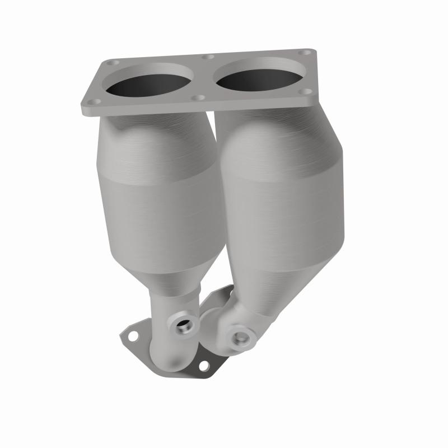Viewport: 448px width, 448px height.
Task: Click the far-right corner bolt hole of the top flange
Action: [306, 52]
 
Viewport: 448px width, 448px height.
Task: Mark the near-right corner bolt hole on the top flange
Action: [305, 91]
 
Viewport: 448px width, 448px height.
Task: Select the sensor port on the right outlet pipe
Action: [241, 337]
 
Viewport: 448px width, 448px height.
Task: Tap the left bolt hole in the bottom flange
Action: [133, 337]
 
